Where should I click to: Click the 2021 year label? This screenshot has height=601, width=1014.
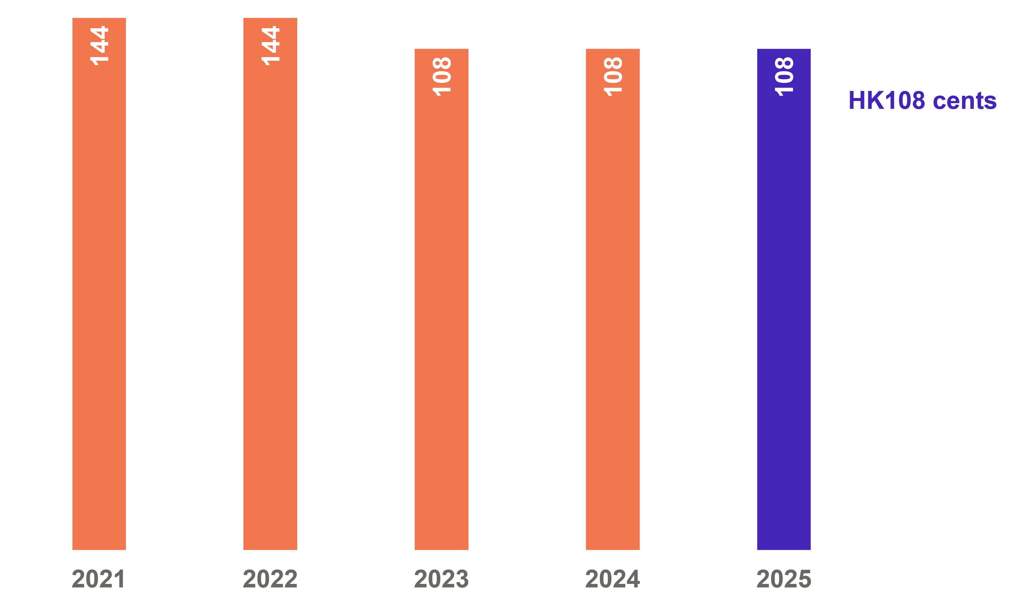coord(98,579)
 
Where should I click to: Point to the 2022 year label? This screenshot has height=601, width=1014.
coord(270,579)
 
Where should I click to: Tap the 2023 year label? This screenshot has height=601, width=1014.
coord(441,579)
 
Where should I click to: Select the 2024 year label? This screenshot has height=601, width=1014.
coord(613,579)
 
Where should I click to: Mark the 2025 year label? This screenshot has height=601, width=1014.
coord(784,579)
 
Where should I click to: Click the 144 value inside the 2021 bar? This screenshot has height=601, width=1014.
coord(99,45)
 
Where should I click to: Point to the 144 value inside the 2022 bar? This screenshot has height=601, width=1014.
coord(270,45)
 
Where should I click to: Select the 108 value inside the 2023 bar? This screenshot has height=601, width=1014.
coord(442,76)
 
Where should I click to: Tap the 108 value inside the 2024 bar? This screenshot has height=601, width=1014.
coord(613,76)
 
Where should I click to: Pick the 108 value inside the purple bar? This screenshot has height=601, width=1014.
coord(784,76)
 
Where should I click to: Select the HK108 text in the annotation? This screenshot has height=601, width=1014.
coord(886,100)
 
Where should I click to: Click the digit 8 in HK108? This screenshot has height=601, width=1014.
coord(917,100)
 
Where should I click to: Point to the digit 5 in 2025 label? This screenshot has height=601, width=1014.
coord(804,579)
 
